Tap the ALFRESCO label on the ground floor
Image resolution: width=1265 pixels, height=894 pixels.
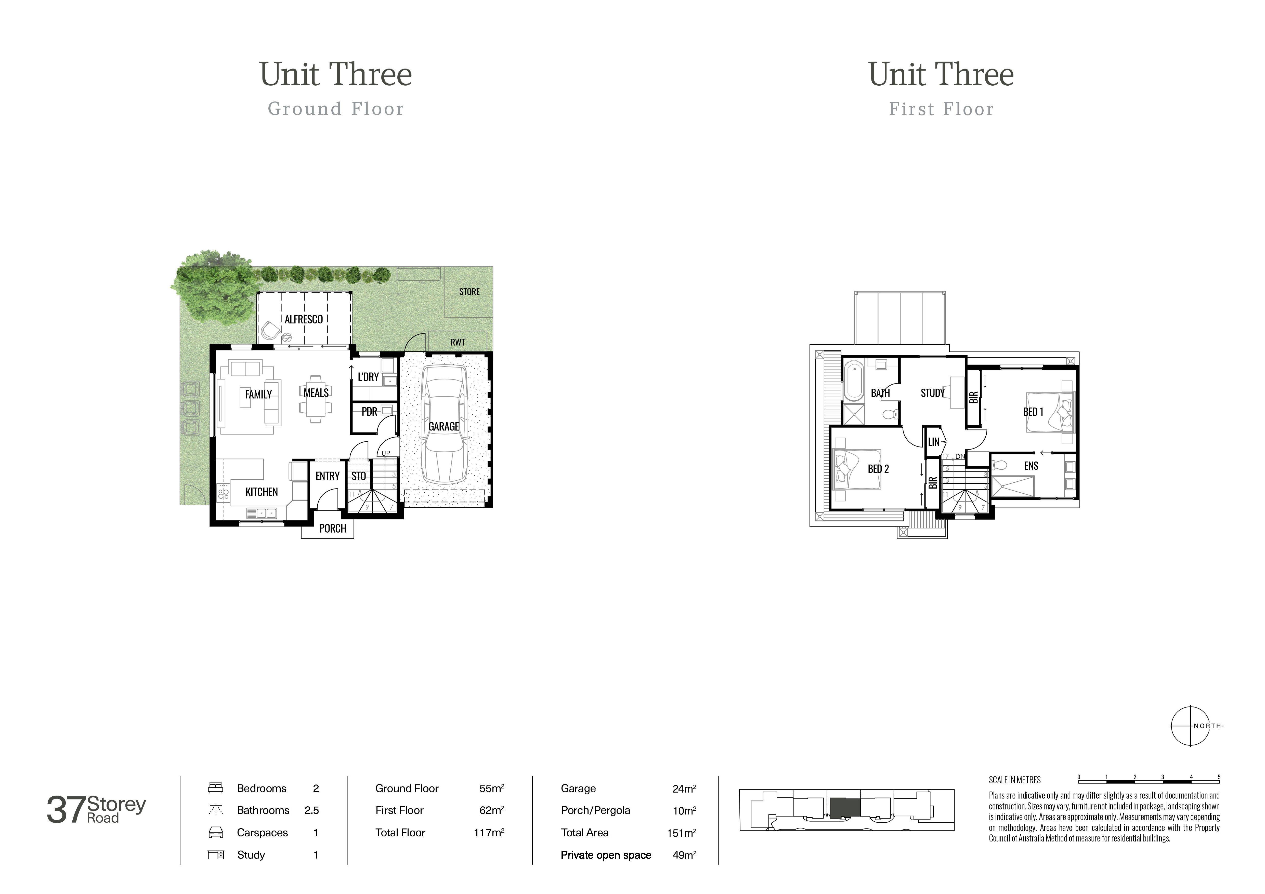(304, 320)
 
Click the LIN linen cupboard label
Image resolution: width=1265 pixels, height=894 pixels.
(933, 442)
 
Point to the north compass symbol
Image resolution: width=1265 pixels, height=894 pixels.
(1190, 726)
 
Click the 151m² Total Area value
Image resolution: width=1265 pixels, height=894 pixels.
(681, 833)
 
